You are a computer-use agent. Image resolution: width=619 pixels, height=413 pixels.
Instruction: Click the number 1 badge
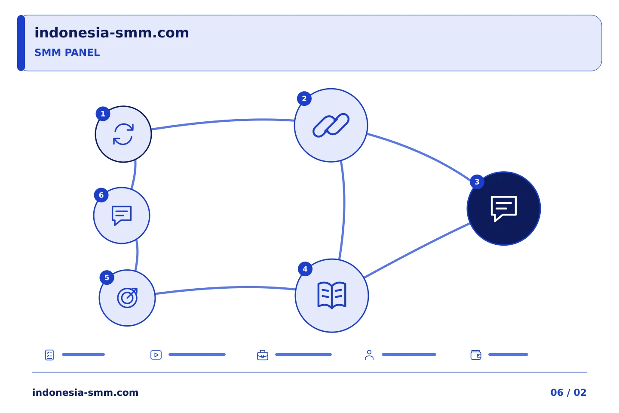coord(103,114)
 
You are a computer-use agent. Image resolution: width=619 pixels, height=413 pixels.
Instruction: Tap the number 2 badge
coord(304,99)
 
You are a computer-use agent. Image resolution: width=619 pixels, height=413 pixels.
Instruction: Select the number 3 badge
coord(477,182)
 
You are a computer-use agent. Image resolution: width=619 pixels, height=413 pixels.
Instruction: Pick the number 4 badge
coord(305,269)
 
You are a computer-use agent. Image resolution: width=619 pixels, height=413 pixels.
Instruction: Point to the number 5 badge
coord(107,277)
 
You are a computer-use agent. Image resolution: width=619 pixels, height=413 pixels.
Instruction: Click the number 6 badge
coord(101,195)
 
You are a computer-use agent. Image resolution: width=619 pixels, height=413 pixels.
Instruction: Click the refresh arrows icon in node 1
coord(123,134)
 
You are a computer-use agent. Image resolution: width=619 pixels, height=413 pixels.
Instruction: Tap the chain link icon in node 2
coord(331,125)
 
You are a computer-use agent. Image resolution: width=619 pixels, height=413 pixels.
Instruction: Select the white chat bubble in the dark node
coord(503,209)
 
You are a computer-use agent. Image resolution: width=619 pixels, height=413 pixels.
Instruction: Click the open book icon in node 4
coord(331,295)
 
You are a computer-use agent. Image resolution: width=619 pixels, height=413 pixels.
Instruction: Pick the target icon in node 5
coord(127,298)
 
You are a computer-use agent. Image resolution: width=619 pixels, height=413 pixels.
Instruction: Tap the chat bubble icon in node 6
coord(122,216)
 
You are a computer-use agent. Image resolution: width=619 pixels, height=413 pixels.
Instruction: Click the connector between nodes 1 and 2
coord(223,121)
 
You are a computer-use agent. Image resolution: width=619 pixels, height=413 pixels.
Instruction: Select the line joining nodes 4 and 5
coord(225,288)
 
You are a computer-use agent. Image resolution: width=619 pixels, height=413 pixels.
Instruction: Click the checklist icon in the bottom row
coord(49,355)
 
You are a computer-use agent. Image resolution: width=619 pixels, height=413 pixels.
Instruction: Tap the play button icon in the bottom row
coord(156,355)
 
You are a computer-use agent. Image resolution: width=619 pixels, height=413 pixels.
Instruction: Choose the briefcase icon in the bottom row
coord(263,355)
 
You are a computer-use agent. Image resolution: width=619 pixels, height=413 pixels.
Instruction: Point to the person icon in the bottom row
coord(369,355)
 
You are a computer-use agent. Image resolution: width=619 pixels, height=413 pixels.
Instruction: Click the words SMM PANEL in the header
coord(67,52)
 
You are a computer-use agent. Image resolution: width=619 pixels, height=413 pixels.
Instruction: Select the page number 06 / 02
coord(568,392)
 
